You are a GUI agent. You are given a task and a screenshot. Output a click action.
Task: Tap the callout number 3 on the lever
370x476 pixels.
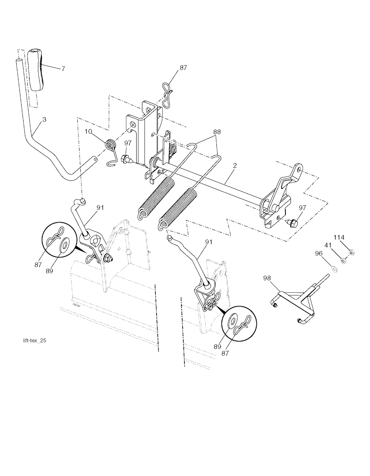point(44,120)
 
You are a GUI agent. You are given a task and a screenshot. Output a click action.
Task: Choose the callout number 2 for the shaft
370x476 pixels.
point(235,165)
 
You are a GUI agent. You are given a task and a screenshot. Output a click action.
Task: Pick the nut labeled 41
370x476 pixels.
point(343,261)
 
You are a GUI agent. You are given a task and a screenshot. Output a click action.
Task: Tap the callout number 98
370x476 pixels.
point(267,278)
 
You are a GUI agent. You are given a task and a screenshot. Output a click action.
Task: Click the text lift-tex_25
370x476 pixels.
point(35,341)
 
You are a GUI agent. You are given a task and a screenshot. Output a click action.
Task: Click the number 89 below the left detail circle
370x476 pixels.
point(50,271)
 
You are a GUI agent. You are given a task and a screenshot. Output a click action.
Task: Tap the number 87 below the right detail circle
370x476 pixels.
point(225,353)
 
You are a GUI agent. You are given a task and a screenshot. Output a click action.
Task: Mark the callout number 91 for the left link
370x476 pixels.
point(100,208)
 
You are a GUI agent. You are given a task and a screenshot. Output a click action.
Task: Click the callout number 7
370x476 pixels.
point(63,69)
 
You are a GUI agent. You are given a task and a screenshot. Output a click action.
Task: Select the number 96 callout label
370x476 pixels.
point(319,254)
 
